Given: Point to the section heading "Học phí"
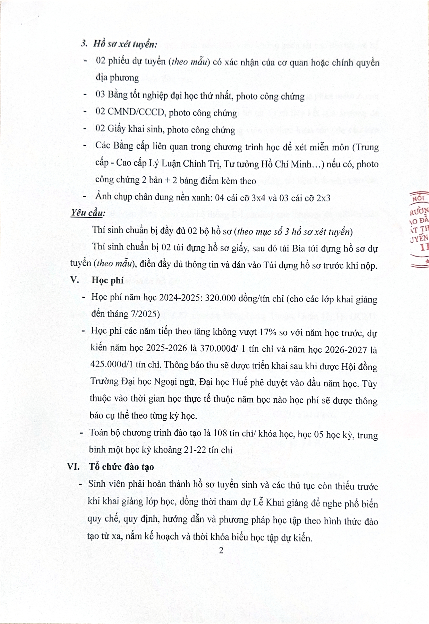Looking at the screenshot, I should [108, 280].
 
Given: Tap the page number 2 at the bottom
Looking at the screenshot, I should [221, 551].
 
